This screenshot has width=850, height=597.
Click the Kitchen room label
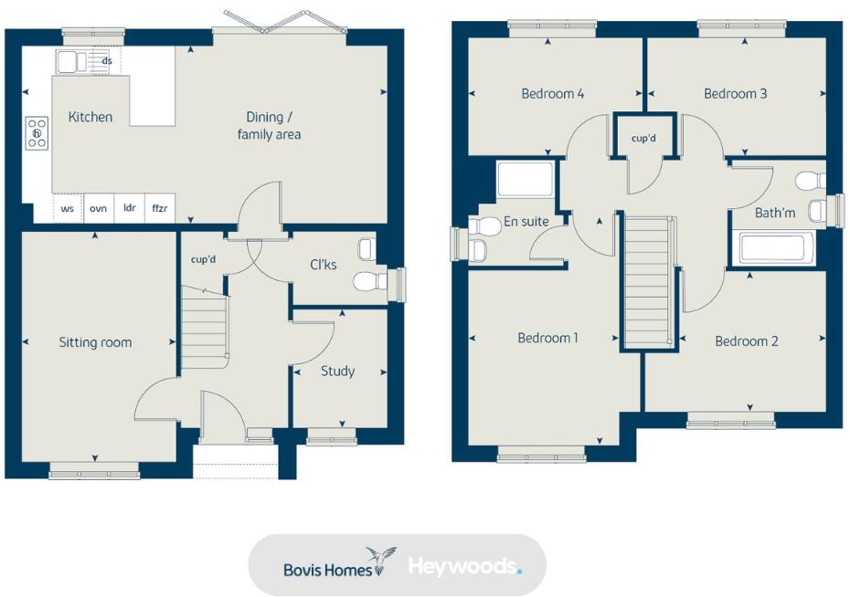[90, 117]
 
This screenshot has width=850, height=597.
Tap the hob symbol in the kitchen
[37, 133]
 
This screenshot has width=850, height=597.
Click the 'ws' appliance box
[68, 208]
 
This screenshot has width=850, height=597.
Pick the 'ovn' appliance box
[98, 208]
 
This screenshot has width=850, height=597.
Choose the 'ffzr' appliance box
[160, 208]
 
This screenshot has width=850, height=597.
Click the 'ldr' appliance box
[129, 208]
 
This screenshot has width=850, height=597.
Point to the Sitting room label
[95, 342]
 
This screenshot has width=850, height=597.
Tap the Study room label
[337, 371]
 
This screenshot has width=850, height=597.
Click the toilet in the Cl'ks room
[369, 279]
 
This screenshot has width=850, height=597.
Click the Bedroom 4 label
[552, 93]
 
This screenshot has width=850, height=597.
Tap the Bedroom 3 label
[735, 93]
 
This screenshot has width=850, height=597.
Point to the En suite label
[526, 221]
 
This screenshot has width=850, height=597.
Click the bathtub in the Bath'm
[774, 248]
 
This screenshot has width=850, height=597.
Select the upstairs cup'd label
[643, 139]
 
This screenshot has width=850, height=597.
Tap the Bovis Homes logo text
[327, 569]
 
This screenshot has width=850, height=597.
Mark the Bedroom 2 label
[746, 340]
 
